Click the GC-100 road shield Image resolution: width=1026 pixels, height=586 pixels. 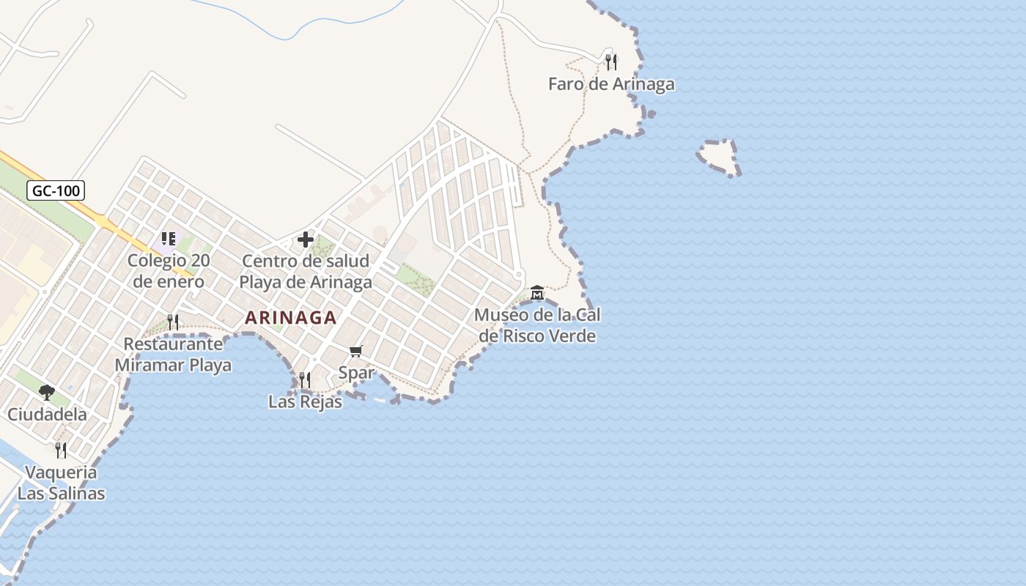[56, 191]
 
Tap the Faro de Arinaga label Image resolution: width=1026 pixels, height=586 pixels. [611, 84]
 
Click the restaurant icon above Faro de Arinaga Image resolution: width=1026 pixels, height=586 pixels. [611, 62]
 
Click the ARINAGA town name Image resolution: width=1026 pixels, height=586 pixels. [291, 318]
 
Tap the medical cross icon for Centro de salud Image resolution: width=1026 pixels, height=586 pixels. [306, 240]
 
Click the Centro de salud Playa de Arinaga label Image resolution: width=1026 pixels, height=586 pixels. [306, 271]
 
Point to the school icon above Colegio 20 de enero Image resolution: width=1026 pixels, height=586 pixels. [169, 239]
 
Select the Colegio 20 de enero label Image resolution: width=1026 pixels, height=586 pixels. [169, 271]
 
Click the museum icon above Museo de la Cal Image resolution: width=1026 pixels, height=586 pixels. [537, 293]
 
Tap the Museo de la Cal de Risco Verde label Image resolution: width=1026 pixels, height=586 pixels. [537, 326]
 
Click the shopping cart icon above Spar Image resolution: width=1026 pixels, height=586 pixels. [356, 352]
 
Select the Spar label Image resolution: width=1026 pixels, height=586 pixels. [356, 373]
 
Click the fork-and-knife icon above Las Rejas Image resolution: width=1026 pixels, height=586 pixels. [305, 379]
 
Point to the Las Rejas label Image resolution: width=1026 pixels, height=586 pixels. [305, 401]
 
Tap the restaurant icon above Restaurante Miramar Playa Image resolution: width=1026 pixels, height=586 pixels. [173, 322]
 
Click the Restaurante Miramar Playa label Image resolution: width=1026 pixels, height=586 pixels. [173, 355]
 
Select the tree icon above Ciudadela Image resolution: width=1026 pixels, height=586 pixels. [47, 393]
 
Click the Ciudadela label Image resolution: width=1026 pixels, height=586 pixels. [47, 415]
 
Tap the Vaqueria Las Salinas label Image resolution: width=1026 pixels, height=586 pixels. [61, 483]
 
